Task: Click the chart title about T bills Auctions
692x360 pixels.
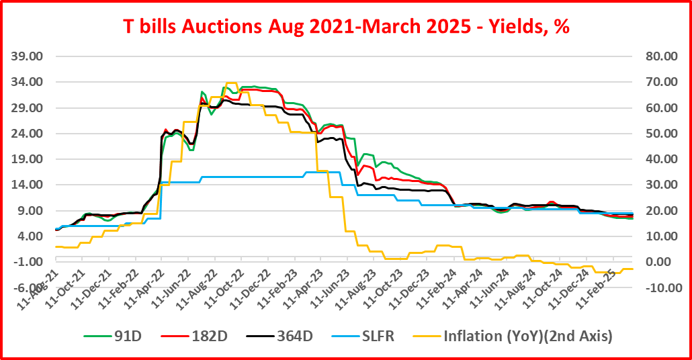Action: pyautogui.click(x=347, y=26)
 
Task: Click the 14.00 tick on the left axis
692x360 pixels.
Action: pyautogui.click(x=29, y=185)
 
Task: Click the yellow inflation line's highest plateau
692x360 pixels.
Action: pyautogui.click(x=231, y=83)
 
